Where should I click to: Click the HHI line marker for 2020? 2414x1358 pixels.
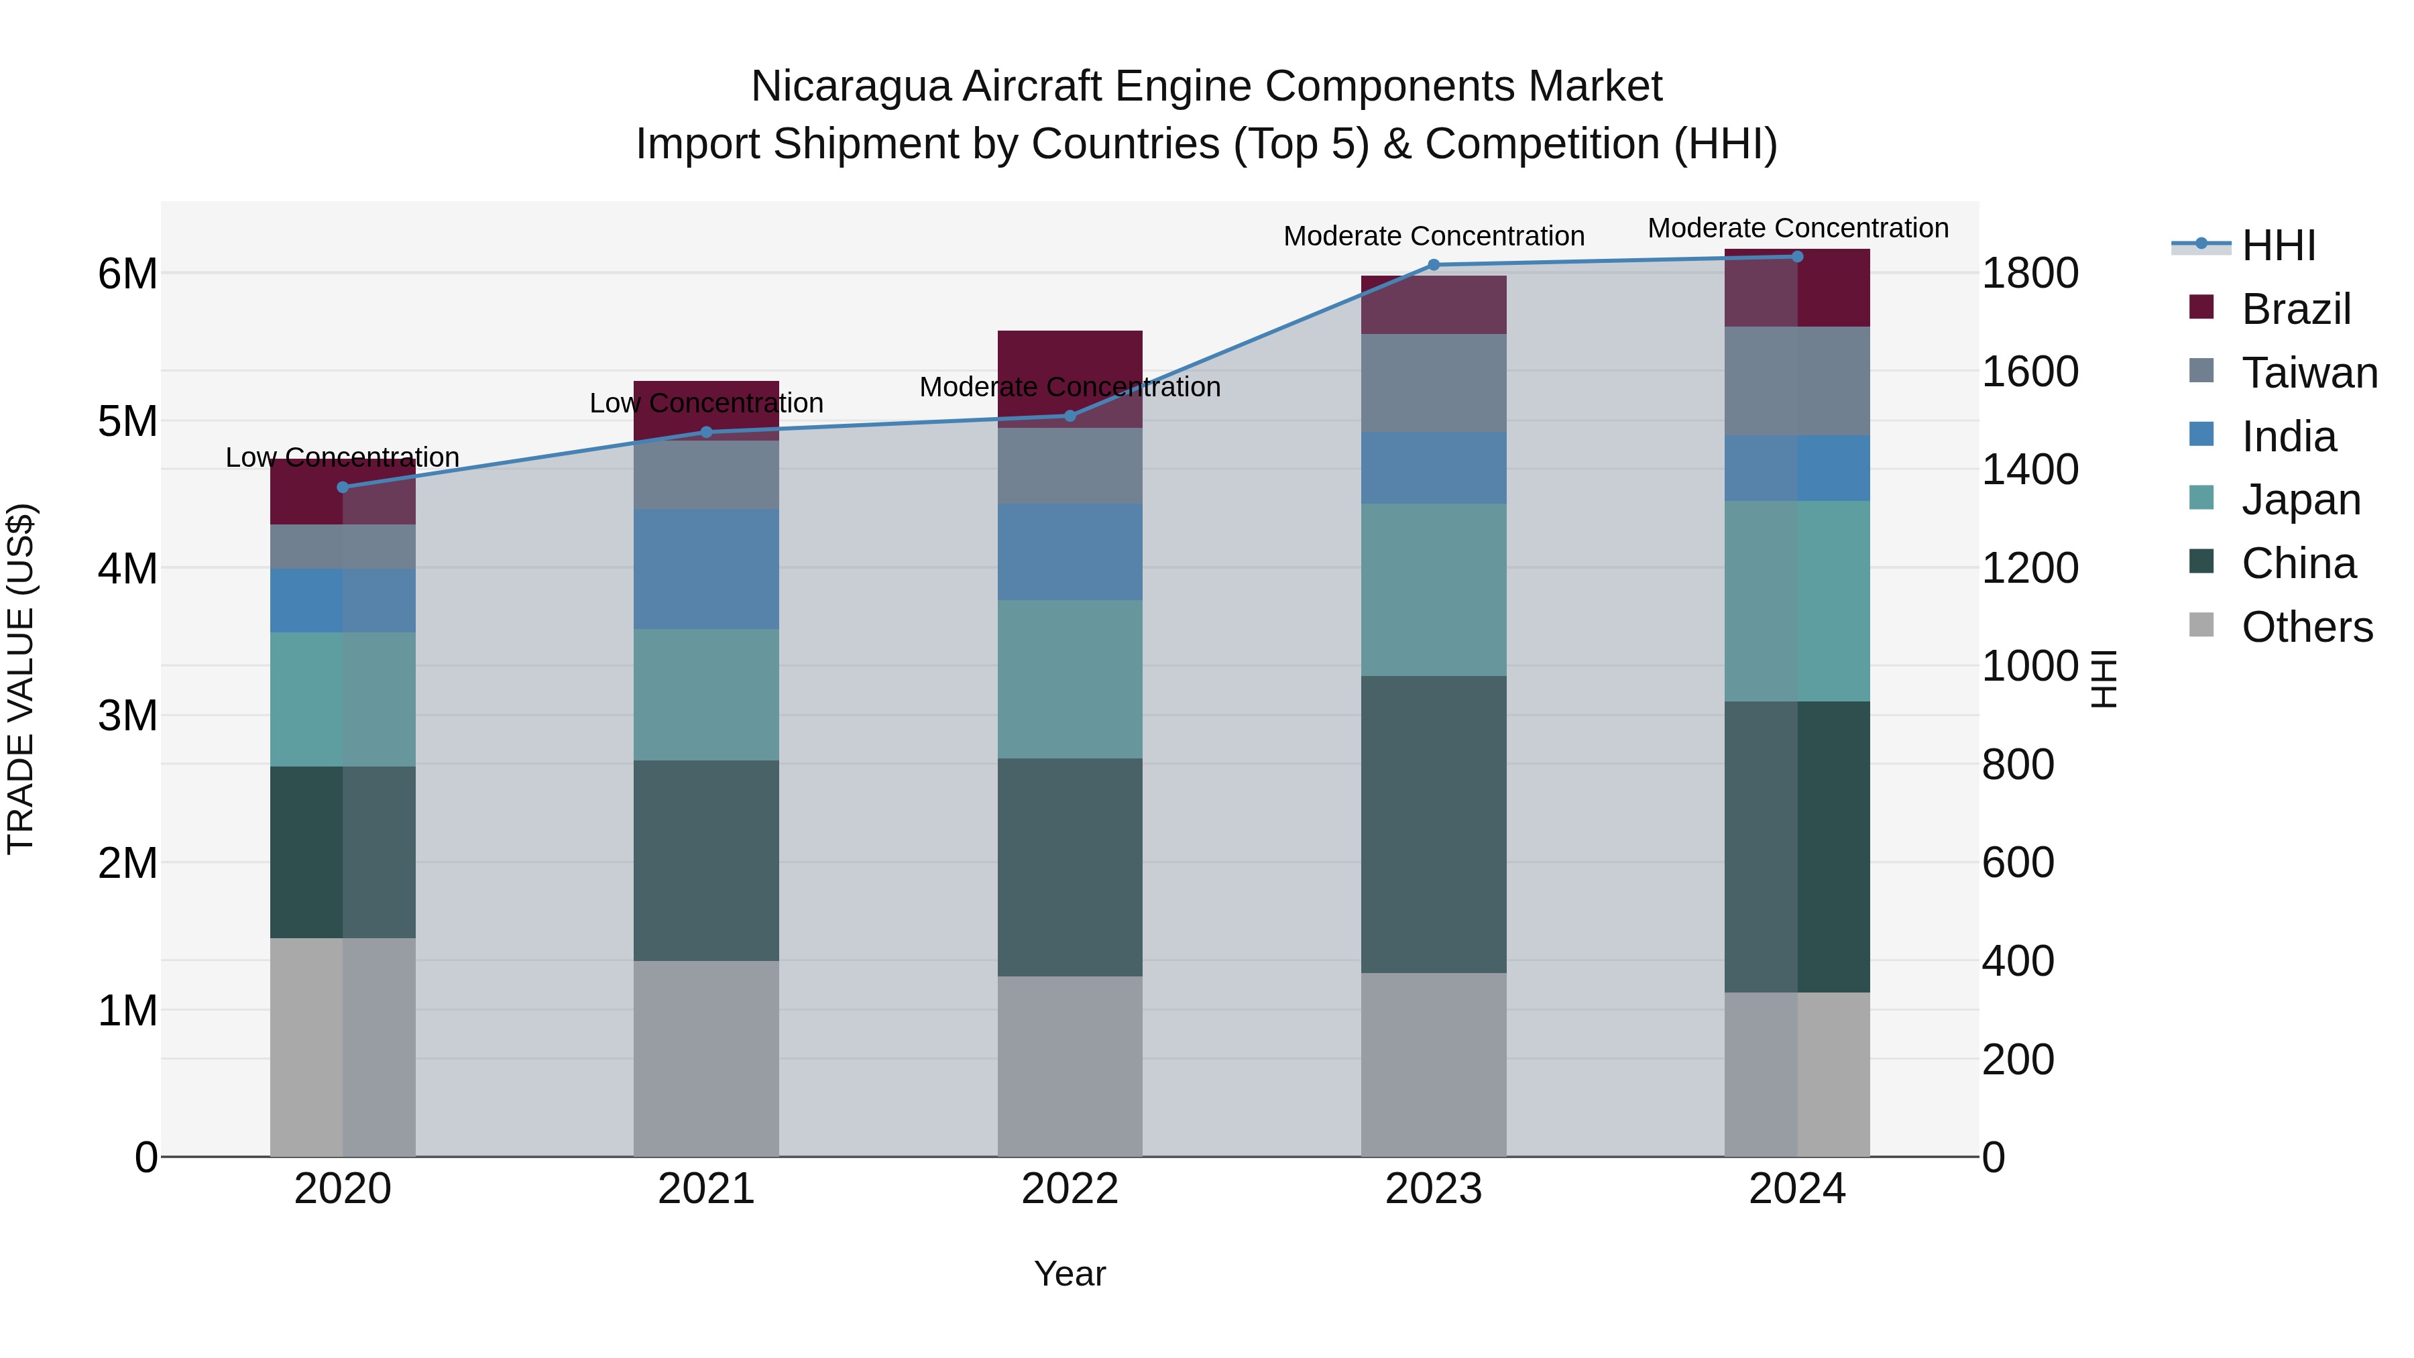tap(342, 488)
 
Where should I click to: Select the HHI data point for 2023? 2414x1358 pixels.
tap(1433, 265)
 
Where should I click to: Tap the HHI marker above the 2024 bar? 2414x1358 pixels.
tap(1796, 257)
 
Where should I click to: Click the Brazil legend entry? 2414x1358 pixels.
tap(2296, 309)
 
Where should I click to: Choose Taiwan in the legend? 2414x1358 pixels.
tap(2309, 373)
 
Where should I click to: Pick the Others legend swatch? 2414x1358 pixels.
tap(2201, 625)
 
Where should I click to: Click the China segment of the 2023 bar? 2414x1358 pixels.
tap(1433, 825)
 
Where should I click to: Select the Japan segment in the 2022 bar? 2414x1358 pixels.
tap(1070, 679)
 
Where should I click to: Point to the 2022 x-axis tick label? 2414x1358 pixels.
tap(1070, 1189)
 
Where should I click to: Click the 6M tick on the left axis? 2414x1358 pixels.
tap(127, 274)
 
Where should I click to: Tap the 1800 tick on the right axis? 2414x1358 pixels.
tap(2030, 274)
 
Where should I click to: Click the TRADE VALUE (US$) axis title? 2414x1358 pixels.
tap(21, 679)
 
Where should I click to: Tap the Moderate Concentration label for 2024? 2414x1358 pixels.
tap(1797, 228)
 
